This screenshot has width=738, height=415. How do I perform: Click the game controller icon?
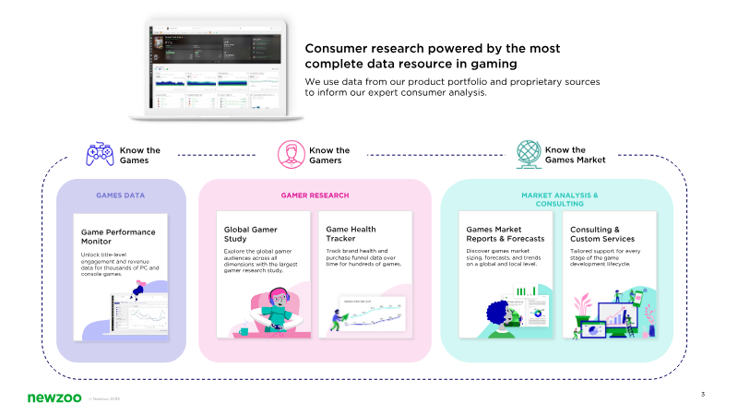pos(101,154)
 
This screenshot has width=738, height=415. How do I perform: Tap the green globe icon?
pos(528,154)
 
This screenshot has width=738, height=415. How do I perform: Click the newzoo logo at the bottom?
pos(52,397)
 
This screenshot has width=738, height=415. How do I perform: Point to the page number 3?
pos(703,395)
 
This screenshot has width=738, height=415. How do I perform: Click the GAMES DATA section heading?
pos(121,196)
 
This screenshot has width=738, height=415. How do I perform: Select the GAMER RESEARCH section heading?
pos(315,196)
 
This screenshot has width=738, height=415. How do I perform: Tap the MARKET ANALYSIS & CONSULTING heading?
pos(559,199)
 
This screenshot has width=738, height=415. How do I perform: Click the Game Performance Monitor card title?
pos(118,236)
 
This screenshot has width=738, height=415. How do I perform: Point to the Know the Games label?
pos(140,155)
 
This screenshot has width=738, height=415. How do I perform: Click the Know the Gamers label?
pos(329,155)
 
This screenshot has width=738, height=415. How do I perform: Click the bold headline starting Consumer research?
pos(432,55)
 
